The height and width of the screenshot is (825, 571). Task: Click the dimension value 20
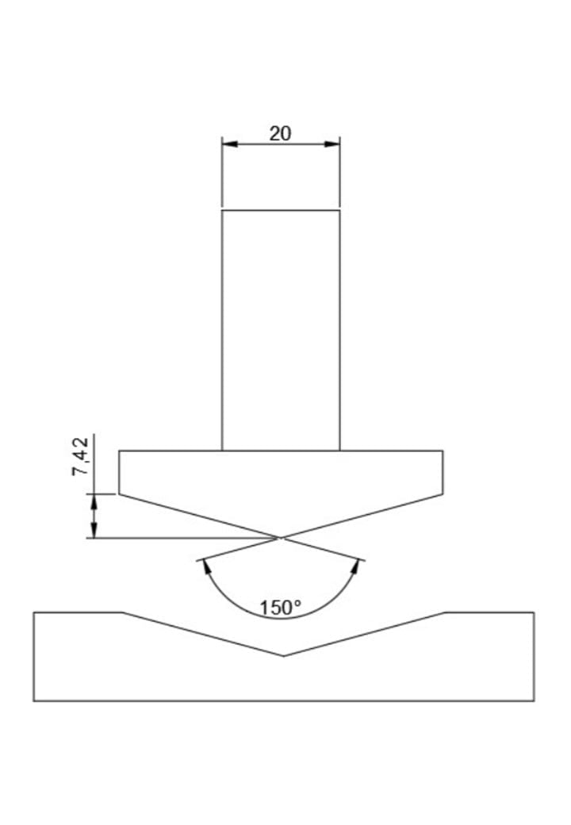[280, 133]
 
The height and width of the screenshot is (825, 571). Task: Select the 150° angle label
[281, 608]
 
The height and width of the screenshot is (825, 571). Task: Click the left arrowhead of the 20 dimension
[230, 144]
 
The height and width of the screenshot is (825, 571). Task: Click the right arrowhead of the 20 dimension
[331, 144]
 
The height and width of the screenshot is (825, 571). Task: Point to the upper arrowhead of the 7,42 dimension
[94, 502]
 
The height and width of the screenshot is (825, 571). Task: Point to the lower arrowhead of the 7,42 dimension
[94, 530]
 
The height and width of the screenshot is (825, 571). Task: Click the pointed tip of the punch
[281, 538]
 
